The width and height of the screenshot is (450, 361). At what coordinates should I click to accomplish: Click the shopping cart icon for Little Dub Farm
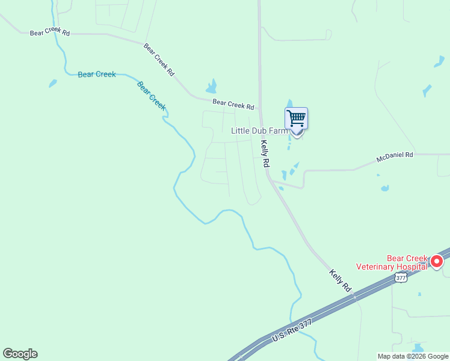[296, 118]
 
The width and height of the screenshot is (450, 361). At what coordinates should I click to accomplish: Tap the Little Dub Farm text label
[259, 131]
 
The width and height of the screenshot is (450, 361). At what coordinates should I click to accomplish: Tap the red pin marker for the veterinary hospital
[436, 262]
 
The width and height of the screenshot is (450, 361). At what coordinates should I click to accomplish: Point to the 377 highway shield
[401, 277]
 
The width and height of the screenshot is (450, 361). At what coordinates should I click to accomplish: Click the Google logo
[20, 354]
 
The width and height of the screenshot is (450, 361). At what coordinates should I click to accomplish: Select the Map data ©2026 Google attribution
[413, 356]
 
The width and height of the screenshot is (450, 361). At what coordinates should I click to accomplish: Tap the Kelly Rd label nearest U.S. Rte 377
[340, 281]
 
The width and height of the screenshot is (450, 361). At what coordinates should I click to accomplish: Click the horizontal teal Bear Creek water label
[97, 75]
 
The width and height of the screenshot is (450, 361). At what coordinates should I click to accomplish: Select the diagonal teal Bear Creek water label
[151, 95]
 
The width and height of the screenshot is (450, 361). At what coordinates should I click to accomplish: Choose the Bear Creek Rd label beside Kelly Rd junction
[233, 105]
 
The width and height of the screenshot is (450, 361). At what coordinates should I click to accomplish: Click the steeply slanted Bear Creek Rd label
[159, 59]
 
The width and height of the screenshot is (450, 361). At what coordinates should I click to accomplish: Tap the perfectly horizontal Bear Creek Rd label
[50, 32]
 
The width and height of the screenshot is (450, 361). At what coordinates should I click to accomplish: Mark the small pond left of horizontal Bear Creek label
[53, 84]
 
